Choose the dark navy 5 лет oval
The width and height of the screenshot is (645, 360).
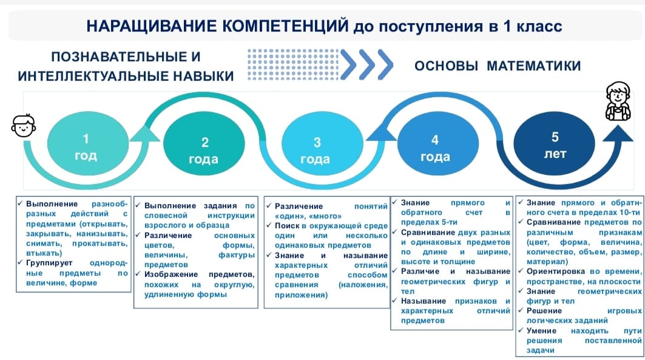pos(554,142)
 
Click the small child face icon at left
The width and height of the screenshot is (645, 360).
pos(24,126)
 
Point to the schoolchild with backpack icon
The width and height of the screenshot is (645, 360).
pos(618,101)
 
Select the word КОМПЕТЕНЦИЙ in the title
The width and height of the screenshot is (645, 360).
pos(285,26)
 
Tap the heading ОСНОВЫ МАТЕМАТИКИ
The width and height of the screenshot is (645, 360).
pos(498,66)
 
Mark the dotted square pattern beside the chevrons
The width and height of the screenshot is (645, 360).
pos(293,64)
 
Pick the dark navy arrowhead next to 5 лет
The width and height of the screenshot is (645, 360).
pos(618,134)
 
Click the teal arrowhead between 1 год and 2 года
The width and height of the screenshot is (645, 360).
pos(145,134)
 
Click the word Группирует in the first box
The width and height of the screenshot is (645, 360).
pos(49,263)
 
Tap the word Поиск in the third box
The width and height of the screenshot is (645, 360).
pos(288,226)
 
